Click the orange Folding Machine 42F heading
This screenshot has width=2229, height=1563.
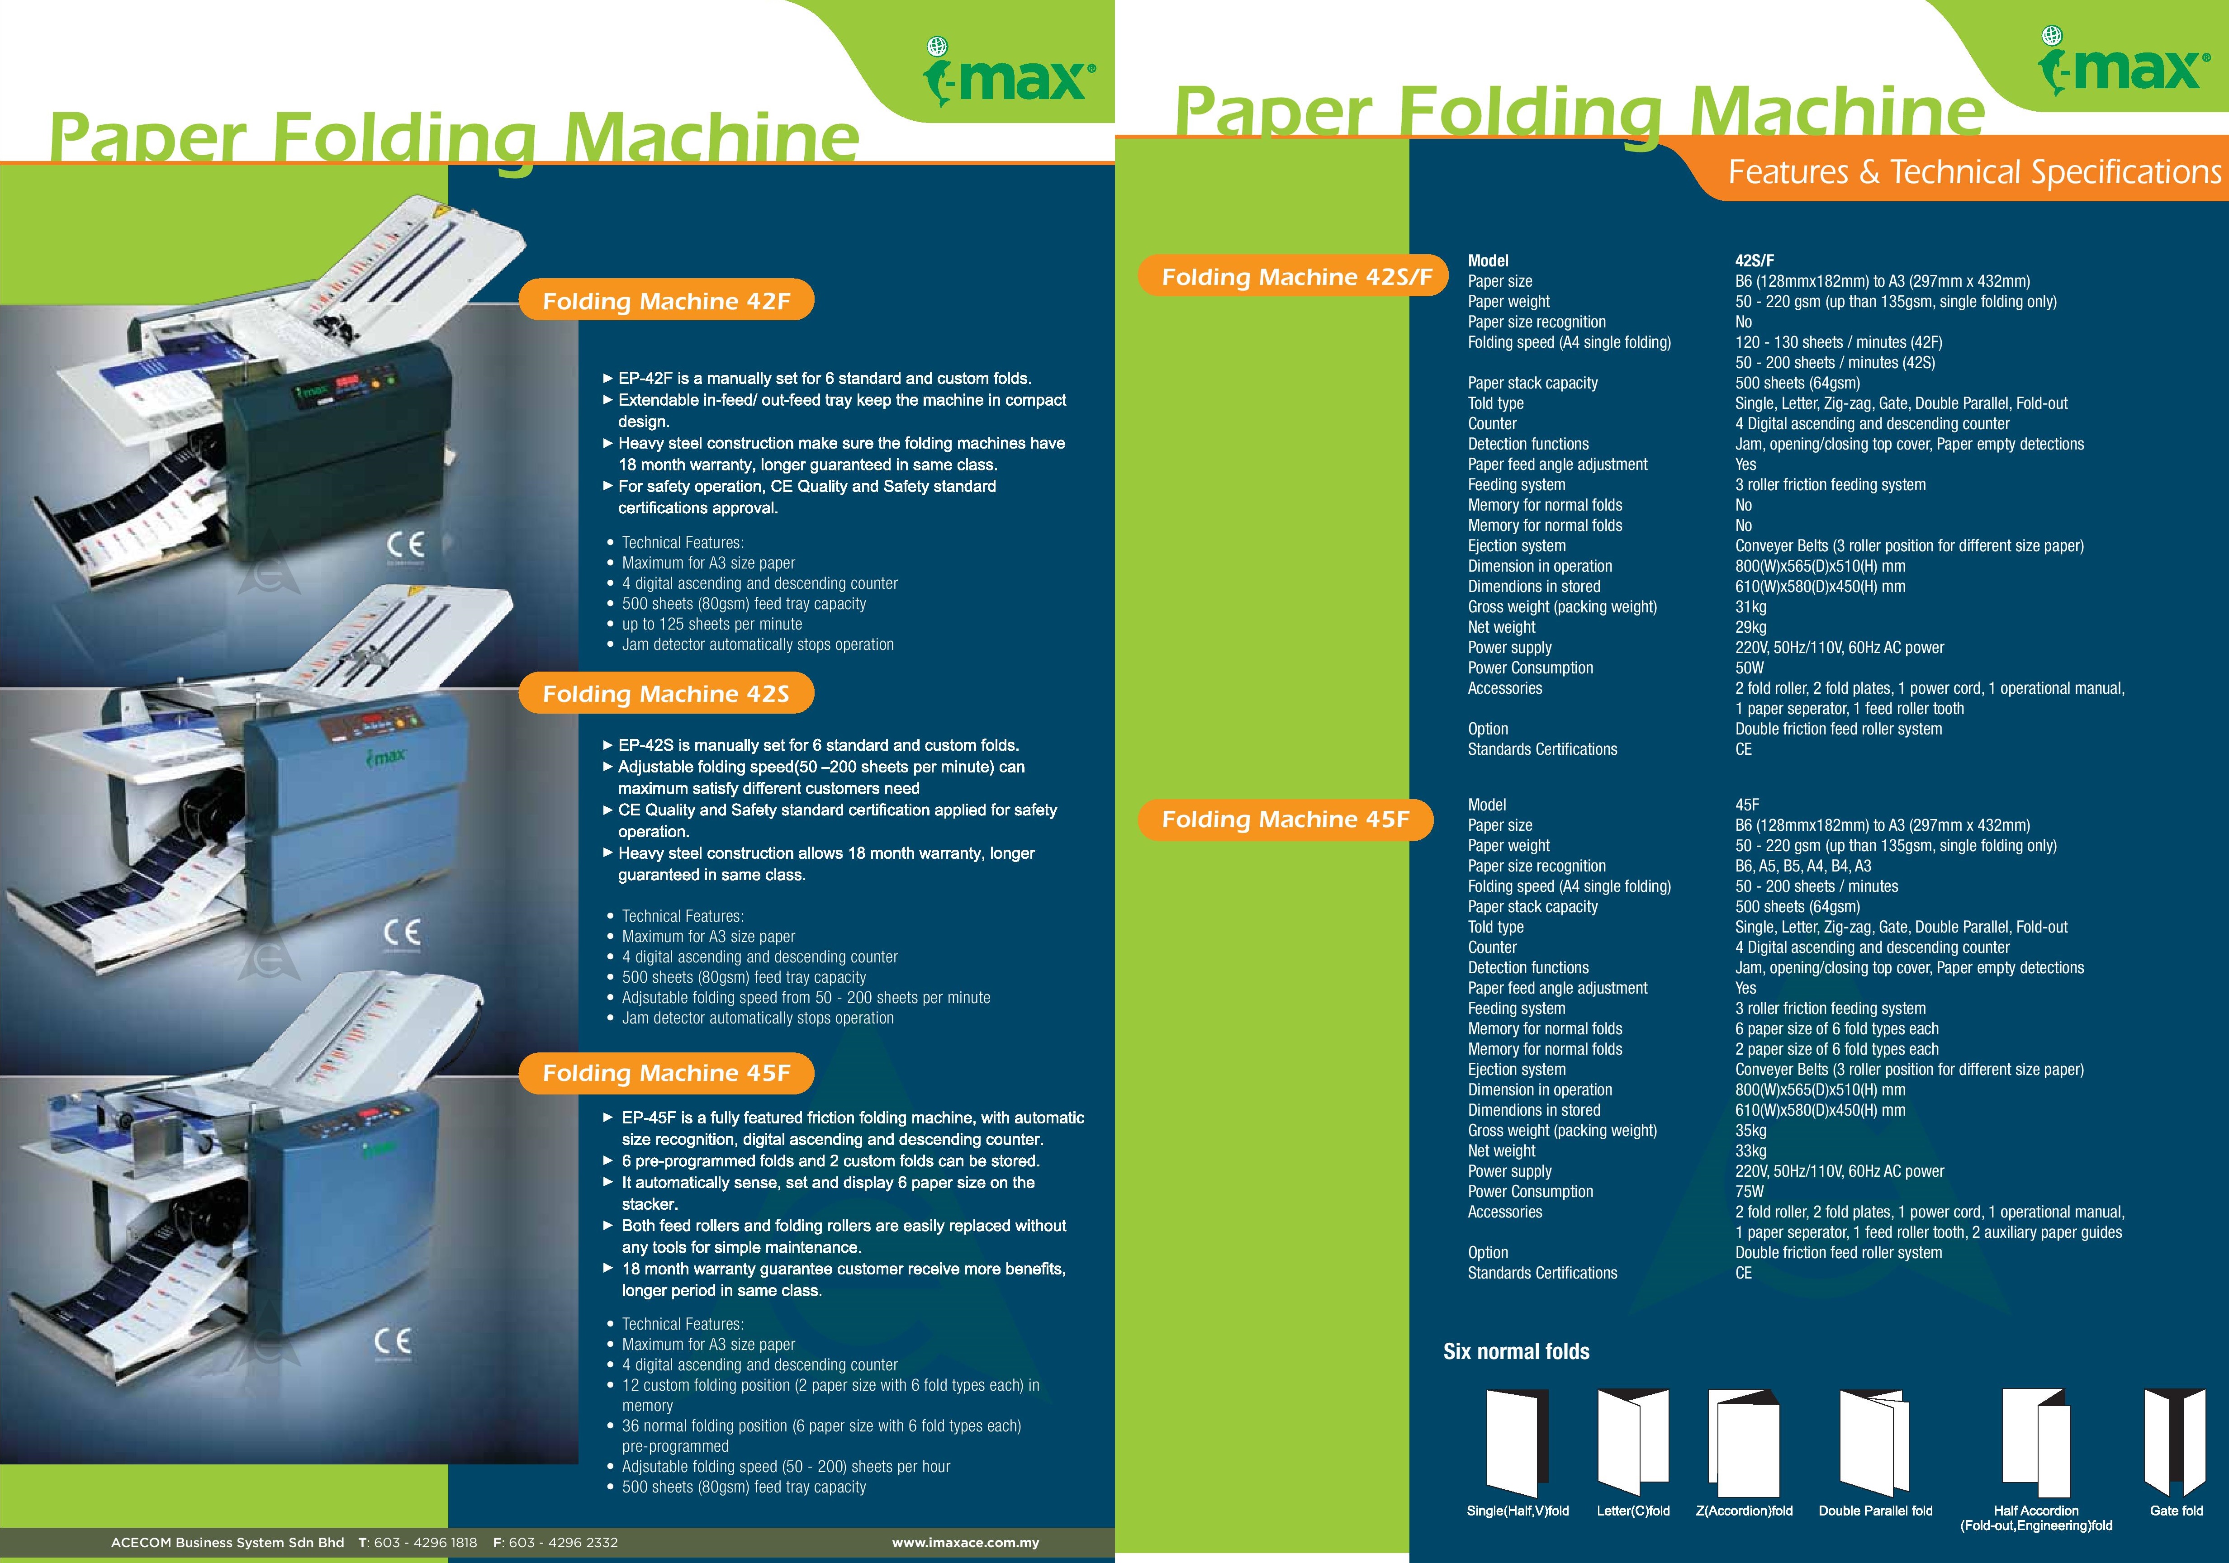point(666,301)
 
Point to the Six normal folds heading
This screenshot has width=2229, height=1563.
point(1517,1351)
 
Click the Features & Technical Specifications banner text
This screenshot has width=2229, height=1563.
point(1974,172)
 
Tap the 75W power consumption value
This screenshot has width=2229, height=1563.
point(1750,1191)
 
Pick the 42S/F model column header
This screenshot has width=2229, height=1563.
point(1754,260)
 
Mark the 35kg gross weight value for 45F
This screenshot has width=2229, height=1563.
point(1750,1130)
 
